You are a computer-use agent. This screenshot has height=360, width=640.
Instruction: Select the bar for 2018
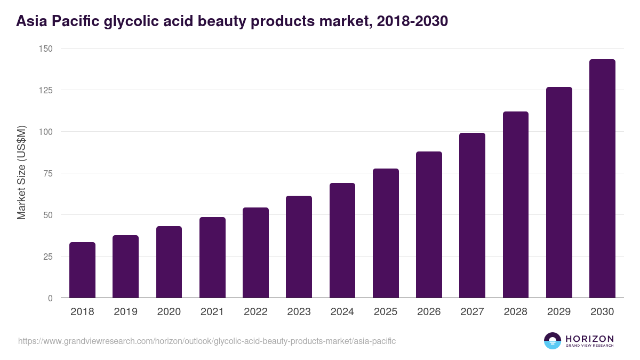tap(82, 270)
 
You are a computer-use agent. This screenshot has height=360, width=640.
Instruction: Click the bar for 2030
tap(602, 179)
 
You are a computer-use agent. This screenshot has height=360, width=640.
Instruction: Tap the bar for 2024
tap(342, 241)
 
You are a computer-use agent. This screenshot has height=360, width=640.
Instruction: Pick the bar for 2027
tap(472, 215)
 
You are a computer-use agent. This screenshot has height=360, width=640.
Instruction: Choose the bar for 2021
tap(212, 258)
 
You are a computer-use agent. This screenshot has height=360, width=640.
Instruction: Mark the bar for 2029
tap(559, 193)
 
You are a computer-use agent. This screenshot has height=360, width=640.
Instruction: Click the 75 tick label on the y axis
tap(48, 173)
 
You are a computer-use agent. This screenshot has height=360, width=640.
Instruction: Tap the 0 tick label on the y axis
tap(50, 298)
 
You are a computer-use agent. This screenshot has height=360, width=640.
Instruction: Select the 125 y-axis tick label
tap(46, 90)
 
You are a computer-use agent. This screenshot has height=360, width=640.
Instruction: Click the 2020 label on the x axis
tap(169, 312)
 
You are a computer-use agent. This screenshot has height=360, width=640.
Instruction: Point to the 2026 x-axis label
tap(429, 312)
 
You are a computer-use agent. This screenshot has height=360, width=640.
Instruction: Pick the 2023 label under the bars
tap(299, 312)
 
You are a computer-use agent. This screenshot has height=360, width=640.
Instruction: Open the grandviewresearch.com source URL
tap(207, 341)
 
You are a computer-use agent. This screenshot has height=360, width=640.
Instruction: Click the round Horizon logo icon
tap(552, 341)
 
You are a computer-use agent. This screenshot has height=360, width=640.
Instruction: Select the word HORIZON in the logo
tap(589, 338)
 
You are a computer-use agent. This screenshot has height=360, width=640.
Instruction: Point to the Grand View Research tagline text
tap(589, 346)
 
